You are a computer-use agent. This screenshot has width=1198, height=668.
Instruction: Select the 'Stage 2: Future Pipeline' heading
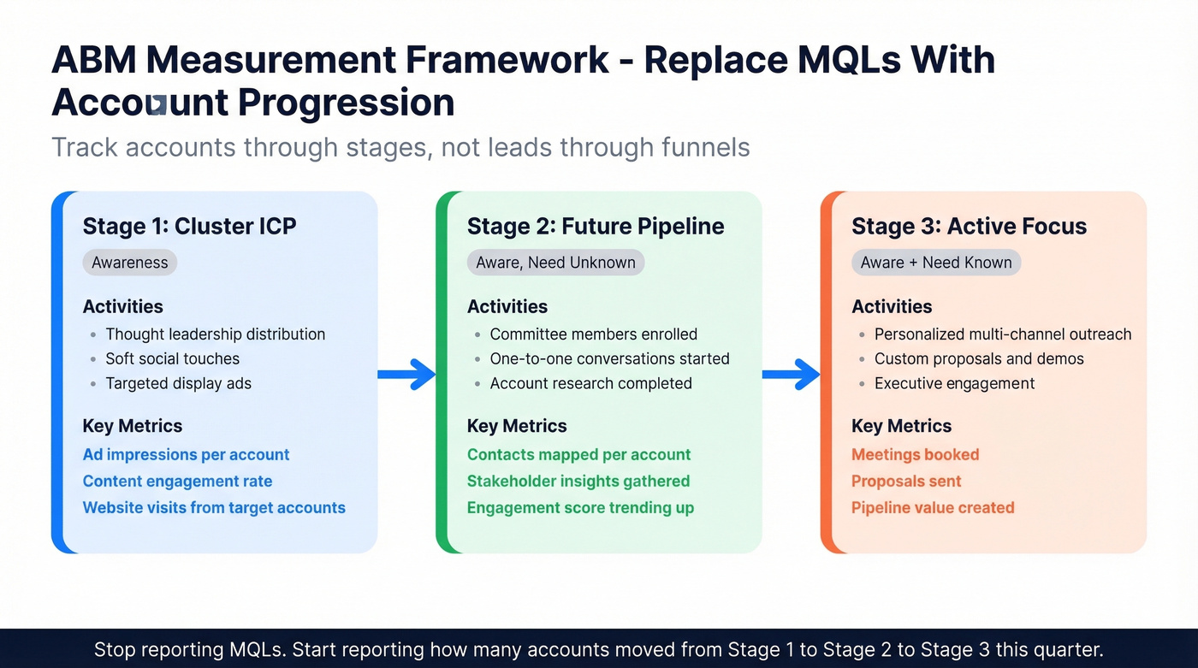click(596, 227)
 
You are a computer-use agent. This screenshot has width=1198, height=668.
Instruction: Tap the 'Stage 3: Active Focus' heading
click(969, 227)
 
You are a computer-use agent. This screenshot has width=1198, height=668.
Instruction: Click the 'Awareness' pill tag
click(130, 263)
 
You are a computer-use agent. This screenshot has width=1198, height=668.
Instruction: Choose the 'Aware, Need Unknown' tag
click(555, 263)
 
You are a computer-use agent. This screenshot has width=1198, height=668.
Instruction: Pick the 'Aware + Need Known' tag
click(936, 263)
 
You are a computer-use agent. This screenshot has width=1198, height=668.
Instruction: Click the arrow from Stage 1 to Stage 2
click(407, 374)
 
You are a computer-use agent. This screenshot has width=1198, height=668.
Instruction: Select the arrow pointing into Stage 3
click(792, 374)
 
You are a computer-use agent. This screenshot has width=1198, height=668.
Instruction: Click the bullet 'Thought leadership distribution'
click(215, 334)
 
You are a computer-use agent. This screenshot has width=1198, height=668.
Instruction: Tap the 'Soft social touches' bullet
click(172, 359)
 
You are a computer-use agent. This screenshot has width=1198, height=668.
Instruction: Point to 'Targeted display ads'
click(178, 384)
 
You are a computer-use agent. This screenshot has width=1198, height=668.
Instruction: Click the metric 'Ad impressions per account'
click(186, 455)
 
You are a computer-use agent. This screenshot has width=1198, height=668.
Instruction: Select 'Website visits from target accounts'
click(214, 508)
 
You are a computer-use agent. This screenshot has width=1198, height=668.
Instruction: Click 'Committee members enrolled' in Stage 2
click(593, 334)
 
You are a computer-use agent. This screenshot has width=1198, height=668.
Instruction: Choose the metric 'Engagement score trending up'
click(580, 508)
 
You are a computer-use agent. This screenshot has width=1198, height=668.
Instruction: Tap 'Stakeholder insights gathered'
click(578, 482)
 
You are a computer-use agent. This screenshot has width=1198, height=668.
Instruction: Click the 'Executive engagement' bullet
click(954, 384)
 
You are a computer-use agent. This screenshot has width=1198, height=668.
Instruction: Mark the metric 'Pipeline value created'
click(933, 508)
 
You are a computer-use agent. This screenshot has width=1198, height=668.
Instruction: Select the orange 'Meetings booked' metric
click(915, 455)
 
